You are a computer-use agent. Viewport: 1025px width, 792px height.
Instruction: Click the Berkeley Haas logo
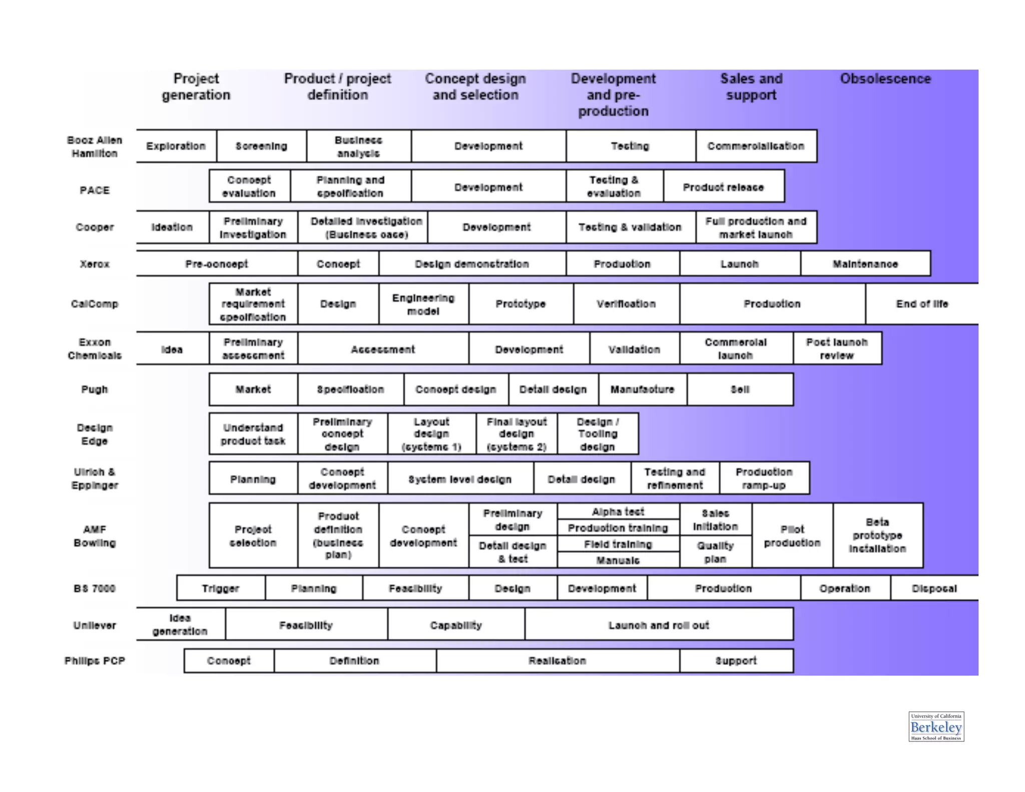(935, 726)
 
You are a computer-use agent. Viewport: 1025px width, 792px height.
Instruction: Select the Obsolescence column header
(885, 79)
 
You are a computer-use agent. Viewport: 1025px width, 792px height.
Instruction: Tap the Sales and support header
(751, 87)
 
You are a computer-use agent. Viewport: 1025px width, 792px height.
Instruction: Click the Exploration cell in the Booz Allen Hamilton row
(176, 146)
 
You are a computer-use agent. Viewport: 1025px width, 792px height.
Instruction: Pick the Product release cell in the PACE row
(723, 187)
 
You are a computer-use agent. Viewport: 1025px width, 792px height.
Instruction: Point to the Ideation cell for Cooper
(172, 227)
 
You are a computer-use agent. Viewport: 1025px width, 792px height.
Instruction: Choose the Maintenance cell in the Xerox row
(865, 264)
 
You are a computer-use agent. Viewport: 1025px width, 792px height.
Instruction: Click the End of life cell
(922, 304)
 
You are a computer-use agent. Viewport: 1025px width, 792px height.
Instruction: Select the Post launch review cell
(836, 349)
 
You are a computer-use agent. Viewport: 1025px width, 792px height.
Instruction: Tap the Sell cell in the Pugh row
(740, 389)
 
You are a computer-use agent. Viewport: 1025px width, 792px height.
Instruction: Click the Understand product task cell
(253, 434)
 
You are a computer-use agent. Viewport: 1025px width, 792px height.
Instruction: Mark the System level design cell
(460, 479)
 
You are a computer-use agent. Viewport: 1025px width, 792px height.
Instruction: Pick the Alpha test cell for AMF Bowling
(618, 512)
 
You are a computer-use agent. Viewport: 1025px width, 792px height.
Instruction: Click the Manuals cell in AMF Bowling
(618, 560)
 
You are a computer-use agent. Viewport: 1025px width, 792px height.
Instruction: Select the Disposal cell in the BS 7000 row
(934, 589)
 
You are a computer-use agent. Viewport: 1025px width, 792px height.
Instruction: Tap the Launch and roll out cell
(659, 625)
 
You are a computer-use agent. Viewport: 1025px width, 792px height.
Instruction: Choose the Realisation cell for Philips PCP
(557, 661)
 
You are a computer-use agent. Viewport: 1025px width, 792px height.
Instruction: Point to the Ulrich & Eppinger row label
(95, 479)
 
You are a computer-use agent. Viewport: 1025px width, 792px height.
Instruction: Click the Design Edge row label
(95, 434)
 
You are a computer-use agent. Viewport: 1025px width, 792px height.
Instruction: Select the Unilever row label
(95, 625)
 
